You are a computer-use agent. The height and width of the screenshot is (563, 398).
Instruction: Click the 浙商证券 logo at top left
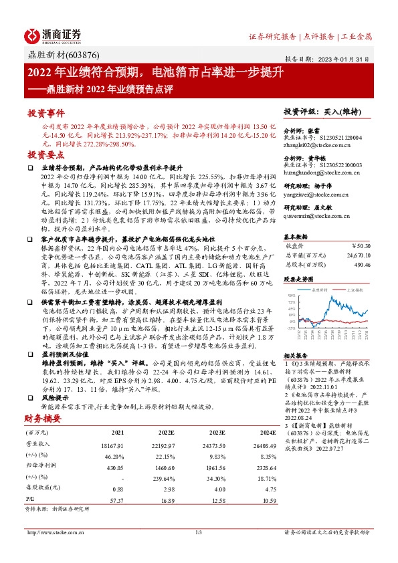click(x=54, y=35)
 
